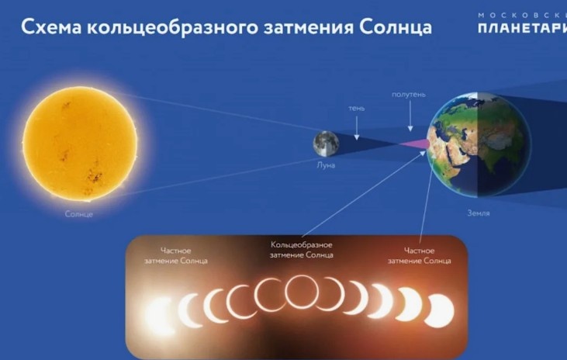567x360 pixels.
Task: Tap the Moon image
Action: [x=325, y=143]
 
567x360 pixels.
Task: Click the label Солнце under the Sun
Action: [x=79, y=213]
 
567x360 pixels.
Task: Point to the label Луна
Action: [x=326, y=164]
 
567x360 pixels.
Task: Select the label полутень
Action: [x=409, y=95]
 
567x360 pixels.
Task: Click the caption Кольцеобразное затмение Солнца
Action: [x=303, y=249]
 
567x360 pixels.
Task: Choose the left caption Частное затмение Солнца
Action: [x=174, y=255]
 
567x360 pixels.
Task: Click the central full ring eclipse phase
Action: [x=303, y=292]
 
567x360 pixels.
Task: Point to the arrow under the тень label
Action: [x=355, y=128]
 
